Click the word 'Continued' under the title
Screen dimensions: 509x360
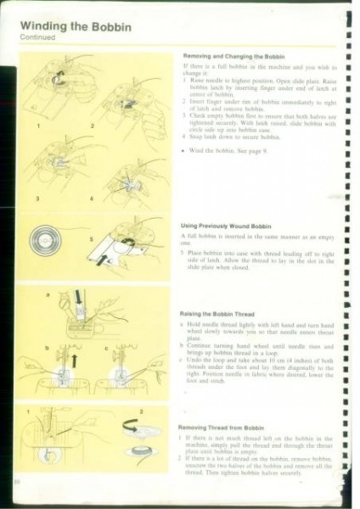click(36, 39)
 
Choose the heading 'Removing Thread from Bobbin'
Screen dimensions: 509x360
click(222, 428)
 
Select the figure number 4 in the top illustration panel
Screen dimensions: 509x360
click(93, 198)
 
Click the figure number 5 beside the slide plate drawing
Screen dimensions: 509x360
click(82, 239)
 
